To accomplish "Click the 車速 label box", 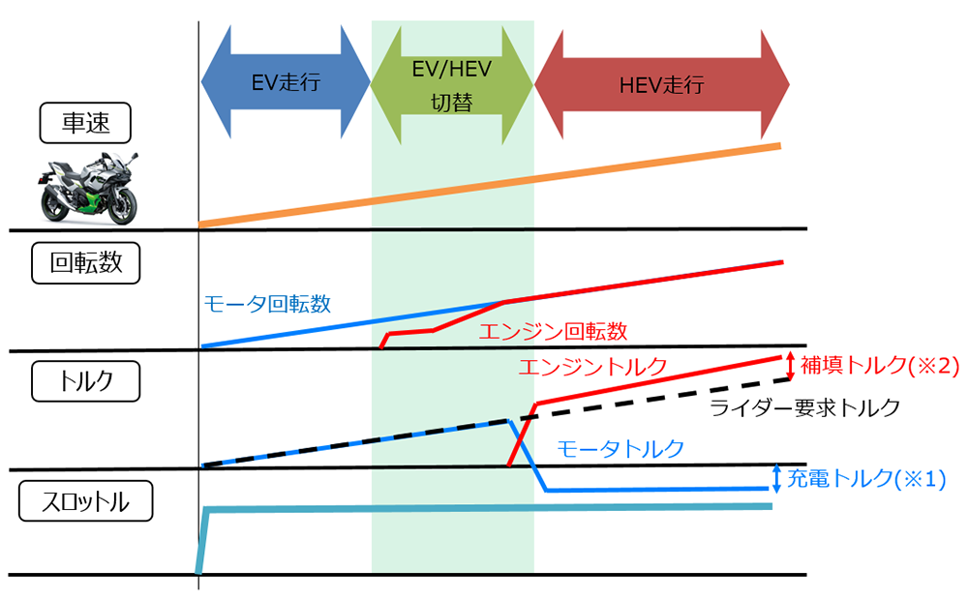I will pyautogui.click(x=85, y=123).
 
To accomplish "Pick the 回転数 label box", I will pyautogui.click(x=85, y=262).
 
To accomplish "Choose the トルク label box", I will pyautogui.click(x=85, y=380).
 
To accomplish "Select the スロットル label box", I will pyautogui.click(x=85, y=501).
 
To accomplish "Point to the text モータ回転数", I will pyautogui.click(x=267, y=304).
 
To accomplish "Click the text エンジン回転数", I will pyautogui.click(x=554, y=332).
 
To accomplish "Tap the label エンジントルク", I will pyautogui.click(x=592, y=367).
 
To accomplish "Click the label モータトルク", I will pyautogui.click(x=620, y=448).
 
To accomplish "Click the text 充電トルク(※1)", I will pyautogui.click(x=865, y=478).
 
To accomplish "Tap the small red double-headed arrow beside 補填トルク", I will pyautogui.click(x=790, y=365).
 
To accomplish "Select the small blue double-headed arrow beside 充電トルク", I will pyautogui.click(x=776, y=477).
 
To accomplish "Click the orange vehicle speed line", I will pyautogui.click(x=489, y=185).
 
